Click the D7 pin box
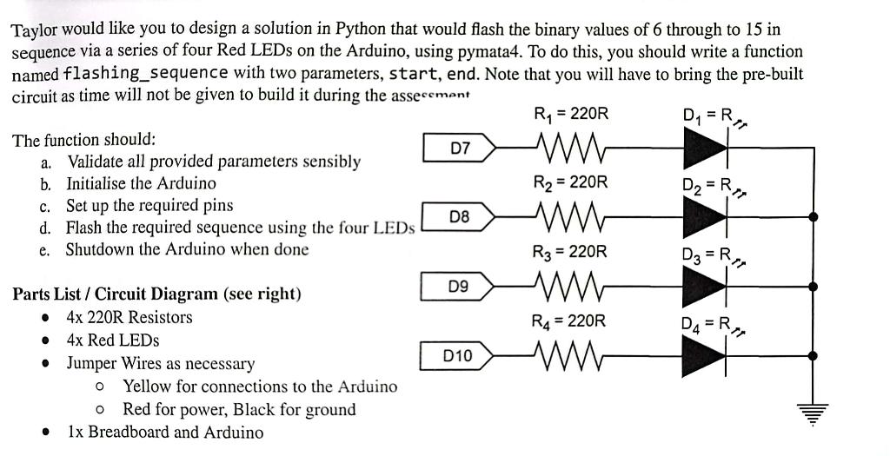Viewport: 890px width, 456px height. point(460,149)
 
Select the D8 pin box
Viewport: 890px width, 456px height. point(460,216)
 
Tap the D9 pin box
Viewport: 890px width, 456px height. point(460,285)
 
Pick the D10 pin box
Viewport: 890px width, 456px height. point(458,354)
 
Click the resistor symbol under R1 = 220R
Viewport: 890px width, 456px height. point(566,149)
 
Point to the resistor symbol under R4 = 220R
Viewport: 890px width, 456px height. point(566,354)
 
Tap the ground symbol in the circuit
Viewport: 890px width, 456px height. point(812,415)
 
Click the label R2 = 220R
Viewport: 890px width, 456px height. point(569,182)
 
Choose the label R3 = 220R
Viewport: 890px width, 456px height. point(569,252)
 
